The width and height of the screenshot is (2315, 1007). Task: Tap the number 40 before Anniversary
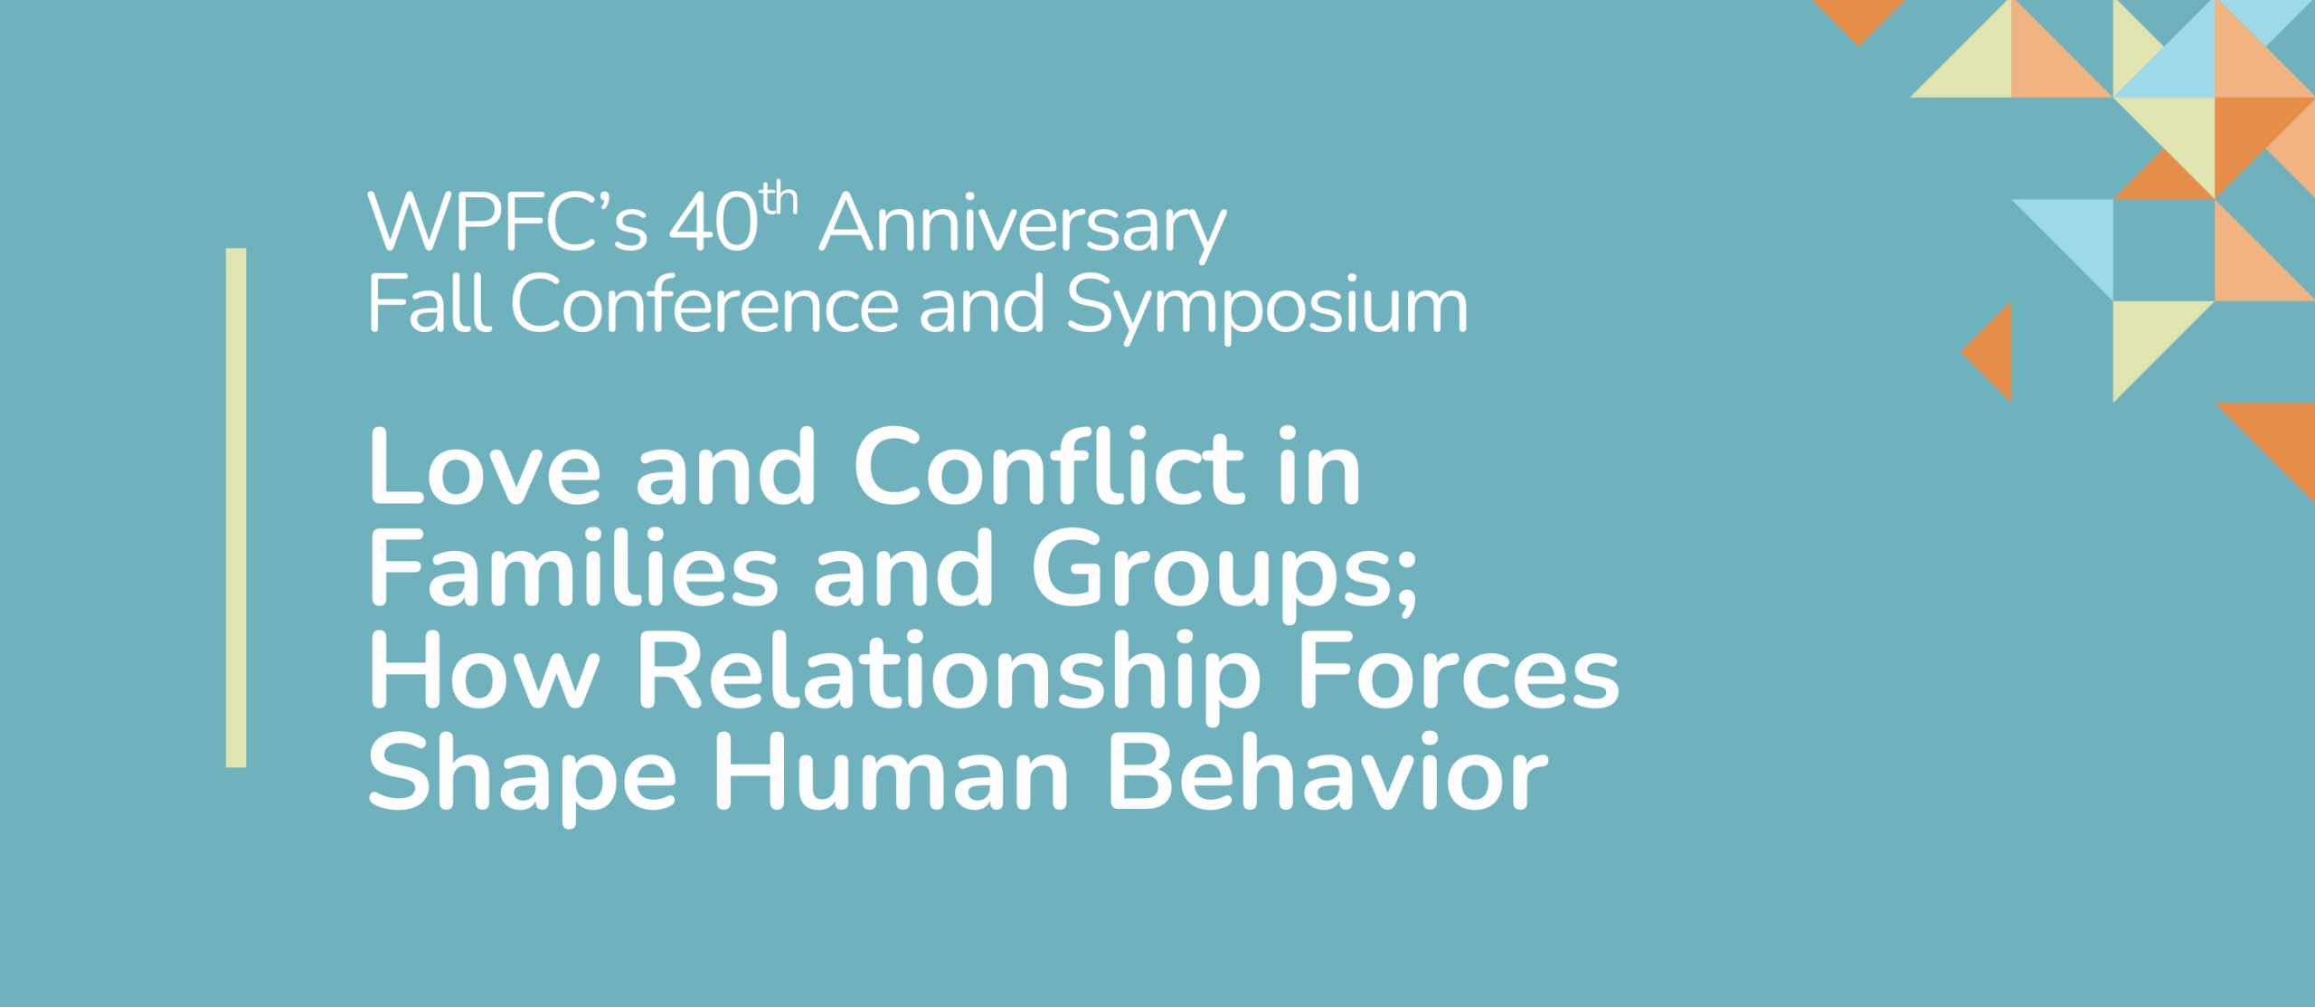tap(713, 222)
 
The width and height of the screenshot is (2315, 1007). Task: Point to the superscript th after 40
tap(779, 198)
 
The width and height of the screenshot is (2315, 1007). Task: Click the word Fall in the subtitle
tap(430, 303)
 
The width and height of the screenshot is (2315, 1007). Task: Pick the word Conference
tap(705, 303)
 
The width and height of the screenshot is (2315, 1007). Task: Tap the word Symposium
tap(1267, 309)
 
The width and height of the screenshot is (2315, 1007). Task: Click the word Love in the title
tap(485, 467)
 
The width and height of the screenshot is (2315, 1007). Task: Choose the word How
tap(485, 670)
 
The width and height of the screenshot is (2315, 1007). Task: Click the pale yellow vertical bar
tap(236, 508)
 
